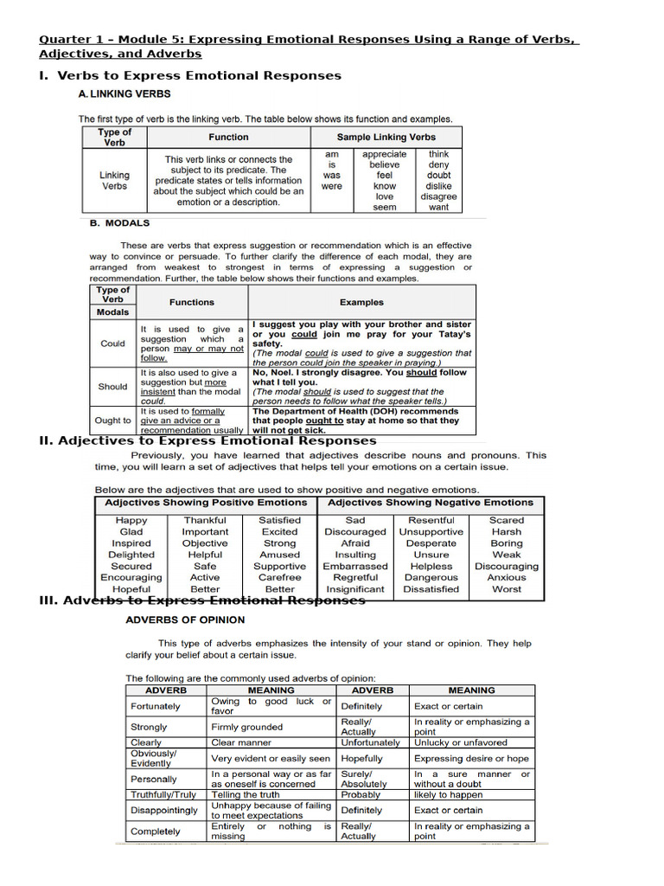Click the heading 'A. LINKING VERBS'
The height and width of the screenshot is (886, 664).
pyautogui.click(x=124, y=93)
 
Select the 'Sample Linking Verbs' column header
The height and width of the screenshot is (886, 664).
pyautogui.click(x=386, y=137)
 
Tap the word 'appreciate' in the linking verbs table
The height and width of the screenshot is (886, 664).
pyautogui.click(x=385, y=154)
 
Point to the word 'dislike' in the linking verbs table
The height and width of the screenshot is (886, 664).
pyautogui.click(x=438, y=186)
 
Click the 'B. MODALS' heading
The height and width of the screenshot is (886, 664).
pyautogui.click(x=119, y=222)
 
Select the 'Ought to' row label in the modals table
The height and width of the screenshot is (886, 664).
pyautogui.click(x=113, y=421)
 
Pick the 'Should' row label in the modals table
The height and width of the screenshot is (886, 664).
pyautogui.click(x=112, y=387)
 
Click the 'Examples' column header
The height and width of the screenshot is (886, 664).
pyautogui.click(x=361, y=303)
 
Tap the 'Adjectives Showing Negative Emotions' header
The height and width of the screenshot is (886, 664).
pyautogui.click(x=431, y=502)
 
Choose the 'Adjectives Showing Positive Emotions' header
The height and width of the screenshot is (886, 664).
pyautogui.click(x=206, y=502)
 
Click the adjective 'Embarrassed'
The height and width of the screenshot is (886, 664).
pyautogui.click(x=355, y=566)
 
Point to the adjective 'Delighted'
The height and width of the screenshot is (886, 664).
pyautogui.click(x=131, y=555)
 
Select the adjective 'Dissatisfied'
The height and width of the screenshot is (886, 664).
pyautogui.click(x=431, y=588)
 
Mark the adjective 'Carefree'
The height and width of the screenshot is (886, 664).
pyautogui.click(x=279, y=577)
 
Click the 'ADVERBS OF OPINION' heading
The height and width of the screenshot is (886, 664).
pyautogui.click(x=185, y=620)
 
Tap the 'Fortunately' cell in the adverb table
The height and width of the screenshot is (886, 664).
pyautogui.click(x=156, y=706)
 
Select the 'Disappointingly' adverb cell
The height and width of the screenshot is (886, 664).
pyautogui.click(x=164, y=811)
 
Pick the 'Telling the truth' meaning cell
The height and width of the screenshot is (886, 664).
pyautogui.click(x=246, y=794)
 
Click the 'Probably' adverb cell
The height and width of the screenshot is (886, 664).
pyautogui.click(x=361, y=794)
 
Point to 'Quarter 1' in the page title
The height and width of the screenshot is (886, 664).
pyautogui.click(x=68, y=40)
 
